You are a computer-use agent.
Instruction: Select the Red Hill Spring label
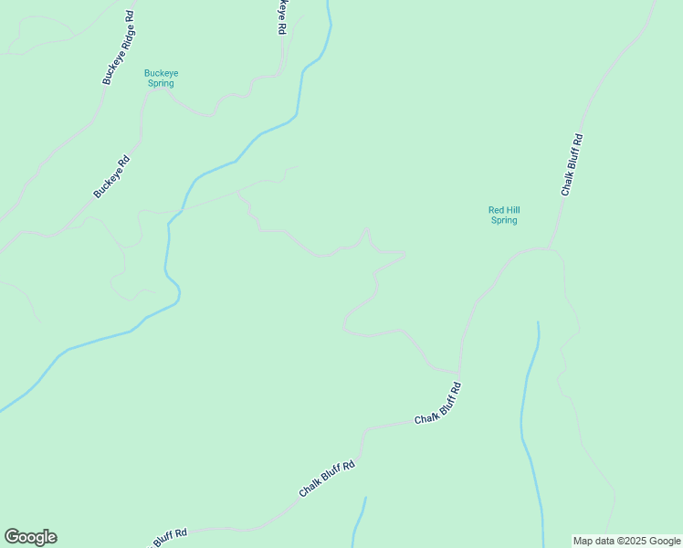pyautogui.click(x=503, y=215)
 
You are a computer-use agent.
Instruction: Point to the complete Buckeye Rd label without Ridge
pyautogui.click(x=112, y=176)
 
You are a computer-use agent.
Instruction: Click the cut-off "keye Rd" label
pyautogui.click(x=282, y=17)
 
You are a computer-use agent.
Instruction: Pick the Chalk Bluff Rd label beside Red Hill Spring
pyautogui.click(x=572, y=165)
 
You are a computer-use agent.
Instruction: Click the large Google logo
pyautogui.click(x=30, y=537)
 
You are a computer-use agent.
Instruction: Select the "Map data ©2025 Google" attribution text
pyautogui.click(x=626, y=541)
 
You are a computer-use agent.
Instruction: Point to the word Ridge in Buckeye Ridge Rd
pyautogui.click(x=121, y=42)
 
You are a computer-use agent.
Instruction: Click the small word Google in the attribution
pyautogui.click(x=665, y=541)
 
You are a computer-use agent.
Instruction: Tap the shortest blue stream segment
pyautogui.click(x=359, y=521)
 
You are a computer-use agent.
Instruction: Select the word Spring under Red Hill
pyautogui.click(x=503, y=220)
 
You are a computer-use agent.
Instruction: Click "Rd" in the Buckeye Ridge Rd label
pyautogui.click(x=130, y=16)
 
